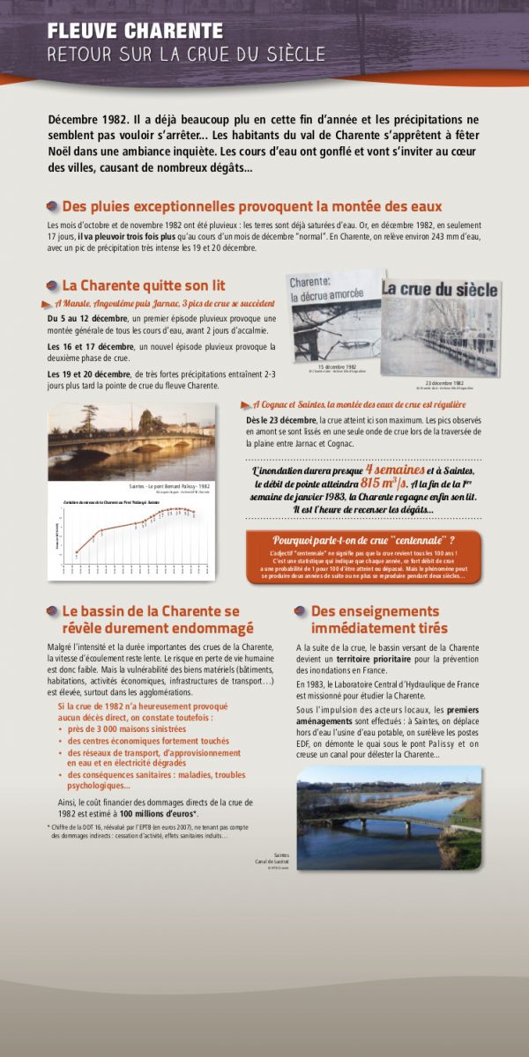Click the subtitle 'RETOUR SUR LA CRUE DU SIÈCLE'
point(186,55)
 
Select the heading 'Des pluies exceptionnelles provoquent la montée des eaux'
point(251,206)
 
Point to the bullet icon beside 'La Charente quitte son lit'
point(51,285)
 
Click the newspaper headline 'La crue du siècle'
point(440,289)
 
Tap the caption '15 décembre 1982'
point(337,366)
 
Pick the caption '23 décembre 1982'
point(444,383)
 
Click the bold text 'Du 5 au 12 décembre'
point(87,318)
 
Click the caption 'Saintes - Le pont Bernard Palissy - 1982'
point(168,486)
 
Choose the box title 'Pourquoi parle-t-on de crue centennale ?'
point(363,540)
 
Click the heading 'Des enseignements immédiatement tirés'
point(379,619)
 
